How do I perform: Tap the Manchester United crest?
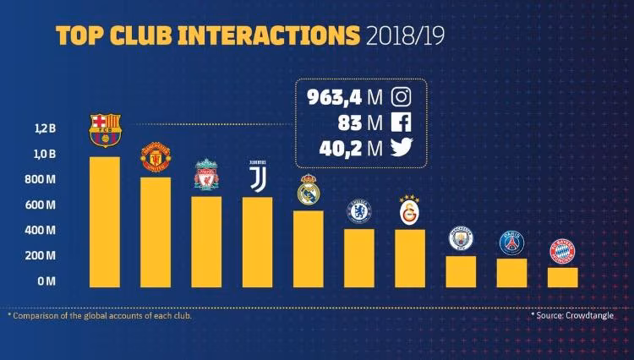156,157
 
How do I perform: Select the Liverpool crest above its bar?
207,175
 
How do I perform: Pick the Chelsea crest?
359,211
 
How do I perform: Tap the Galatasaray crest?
410,210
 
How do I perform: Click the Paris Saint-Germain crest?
511,243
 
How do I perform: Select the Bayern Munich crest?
562,251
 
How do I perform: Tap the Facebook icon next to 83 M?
402,123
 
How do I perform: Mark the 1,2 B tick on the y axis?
45,129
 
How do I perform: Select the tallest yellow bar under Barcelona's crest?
105,221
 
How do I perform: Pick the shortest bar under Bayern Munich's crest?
562,277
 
